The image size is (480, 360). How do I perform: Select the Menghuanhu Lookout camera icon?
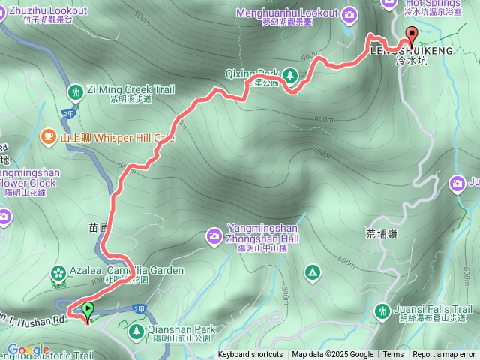click(350, 13)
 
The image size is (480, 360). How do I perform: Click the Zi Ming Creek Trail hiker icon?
click(75, 92)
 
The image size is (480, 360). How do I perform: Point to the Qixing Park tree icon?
click(289, 74)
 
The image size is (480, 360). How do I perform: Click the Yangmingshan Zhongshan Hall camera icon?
click(214, 237)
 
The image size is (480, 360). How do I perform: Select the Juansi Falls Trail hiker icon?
click(382, 310)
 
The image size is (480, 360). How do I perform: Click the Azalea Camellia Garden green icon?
click(58, 272)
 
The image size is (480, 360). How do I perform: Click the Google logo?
click(28, 349)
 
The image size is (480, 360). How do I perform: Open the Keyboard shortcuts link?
click(250, 355)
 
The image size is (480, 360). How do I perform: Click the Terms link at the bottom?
click(393, 355)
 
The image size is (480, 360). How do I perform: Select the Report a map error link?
click(444, 355)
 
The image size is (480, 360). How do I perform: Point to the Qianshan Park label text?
click(182, 329)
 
